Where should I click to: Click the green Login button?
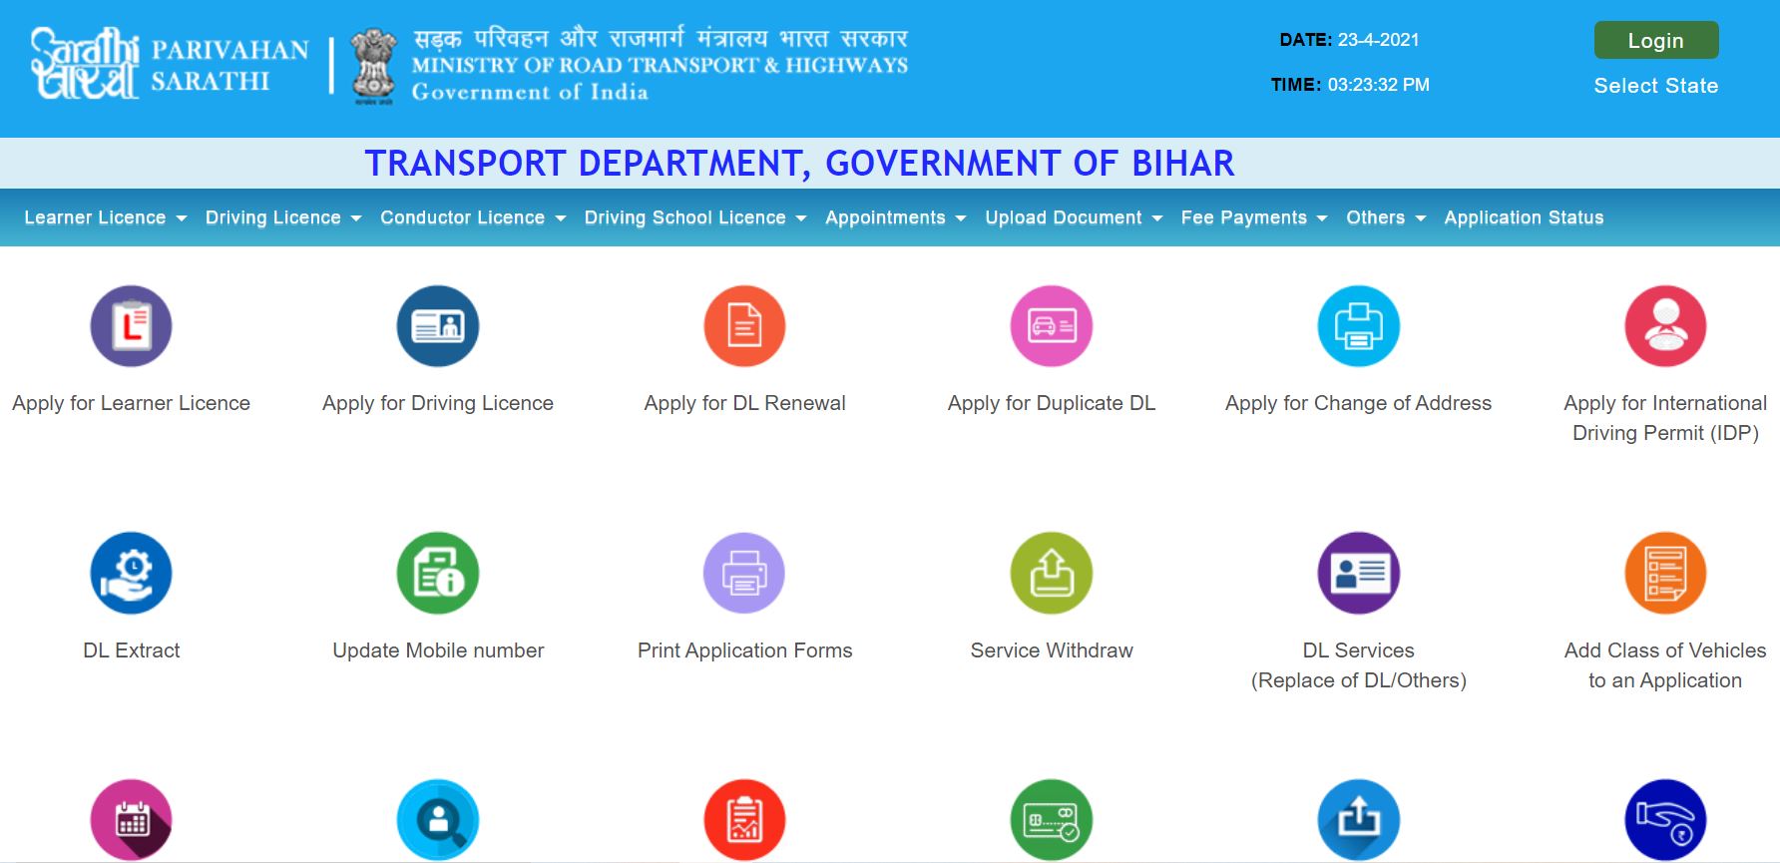(1656, 41)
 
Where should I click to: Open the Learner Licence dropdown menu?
(106, 217)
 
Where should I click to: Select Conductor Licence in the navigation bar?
(473, 217)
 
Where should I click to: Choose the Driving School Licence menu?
(695, 217)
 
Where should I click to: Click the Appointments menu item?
(896, 217)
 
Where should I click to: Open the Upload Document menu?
(1074, 217)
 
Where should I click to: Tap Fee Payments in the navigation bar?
(1254, 217)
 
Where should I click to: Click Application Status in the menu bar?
(1524, 217)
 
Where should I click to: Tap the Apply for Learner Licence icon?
(132, 326)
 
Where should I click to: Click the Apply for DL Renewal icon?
(745, 326)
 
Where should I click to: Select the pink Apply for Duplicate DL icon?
(1052, 326)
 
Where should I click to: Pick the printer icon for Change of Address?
(1359, 326)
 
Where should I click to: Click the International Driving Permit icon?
(1665, 326)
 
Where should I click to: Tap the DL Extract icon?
(132, 574)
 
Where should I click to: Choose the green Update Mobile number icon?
(438, 574)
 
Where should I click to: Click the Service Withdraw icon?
(1052, 574)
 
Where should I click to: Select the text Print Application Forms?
(745, 650)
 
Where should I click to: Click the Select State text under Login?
(1656, 86)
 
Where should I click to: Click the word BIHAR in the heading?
(1183, 163)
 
